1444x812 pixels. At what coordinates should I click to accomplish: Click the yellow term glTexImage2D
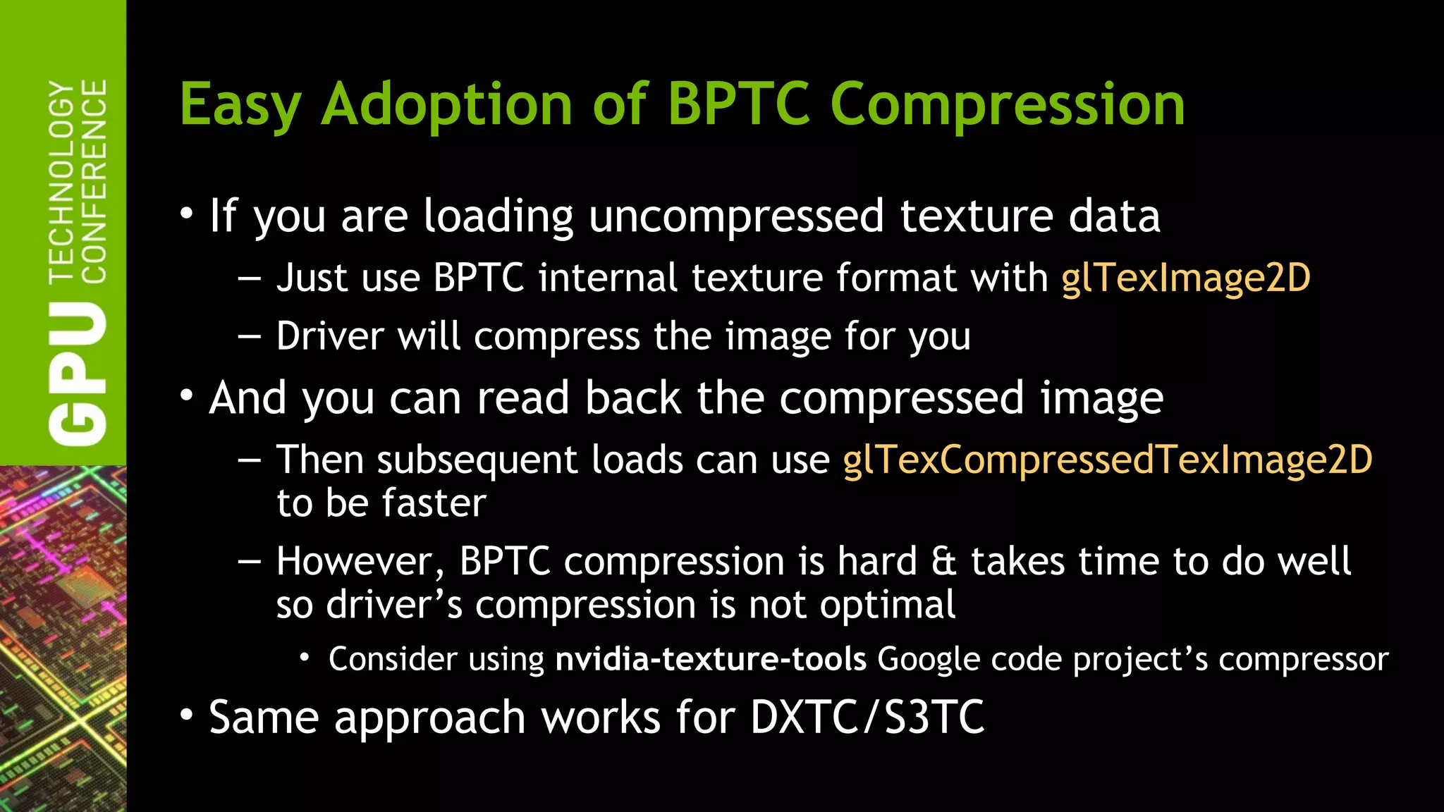click(1186, 278)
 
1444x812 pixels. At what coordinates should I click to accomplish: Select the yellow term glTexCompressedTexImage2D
click(1107, 460)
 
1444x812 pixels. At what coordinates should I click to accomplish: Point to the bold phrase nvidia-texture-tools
click(711, 660)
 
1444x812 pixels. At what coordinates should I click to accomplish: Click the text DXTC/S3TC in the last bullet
click(867, 718)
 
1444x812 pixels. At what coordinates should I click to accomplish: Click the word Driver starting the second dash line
click(330, 336)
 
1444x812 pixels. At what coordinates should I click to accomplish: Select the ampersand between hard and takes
click(943, 562)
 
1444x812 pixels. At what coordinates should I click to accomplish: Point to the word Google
click(929, 660)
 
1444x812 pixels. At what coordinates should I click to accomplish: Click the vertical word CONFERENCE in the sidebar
click(94, 182)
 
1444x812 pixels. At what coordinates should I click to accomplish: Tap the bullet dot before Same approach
click(186, 715)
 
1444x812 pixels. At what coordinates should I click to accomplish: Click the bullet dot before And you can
click(186, 396)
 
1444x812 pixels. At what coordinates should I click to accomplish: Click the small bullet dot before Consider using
click(305, 658)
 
